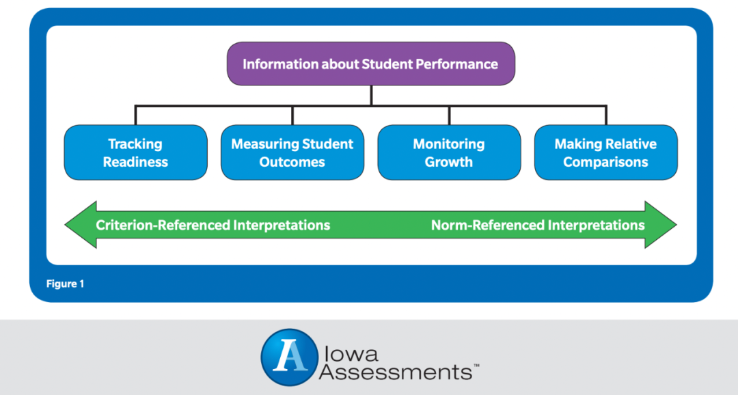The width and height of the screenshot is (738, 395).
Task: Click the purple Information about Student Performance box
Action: (x=371, y=64)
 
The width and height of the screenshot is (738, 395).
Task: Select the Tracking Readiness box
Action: (x=135, y=152)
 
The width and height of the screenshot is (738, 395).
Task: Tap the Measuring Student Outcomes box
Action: (x=292, y=152)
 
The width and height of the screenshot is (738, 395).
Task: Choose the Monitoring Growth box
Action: (x=449, y=152)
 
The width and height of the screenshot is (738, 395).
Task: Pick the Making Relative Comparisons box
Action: (x=605, y=152)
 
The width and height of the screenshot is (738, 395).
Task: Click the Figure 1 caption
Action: (x=65, y=284)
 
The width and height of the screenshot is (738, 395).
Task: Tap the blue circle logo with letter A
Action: (x=290, y=357)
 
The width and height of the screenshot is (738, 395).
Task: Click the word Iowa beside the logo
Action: (x=351, y=354)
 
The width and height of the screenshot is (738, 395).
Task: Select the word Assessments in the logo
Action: (x=396, y=372)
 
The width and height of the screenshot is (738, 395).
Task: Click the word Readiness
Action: (x=135, y=162)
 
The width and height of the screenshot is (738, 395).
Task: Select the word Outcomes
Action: (x=292, y=162)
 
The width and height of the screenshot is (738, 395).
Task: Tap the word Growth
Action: (x=449, y=162)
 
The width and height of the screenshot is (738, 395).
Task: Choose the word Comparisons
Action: (x=605, y=162)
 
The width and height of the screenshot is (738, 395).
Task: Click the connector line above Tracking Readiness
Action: (x=135, y=115)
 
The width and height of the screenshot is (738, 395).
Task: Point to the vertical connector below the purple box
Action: (x=371, y=96)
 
